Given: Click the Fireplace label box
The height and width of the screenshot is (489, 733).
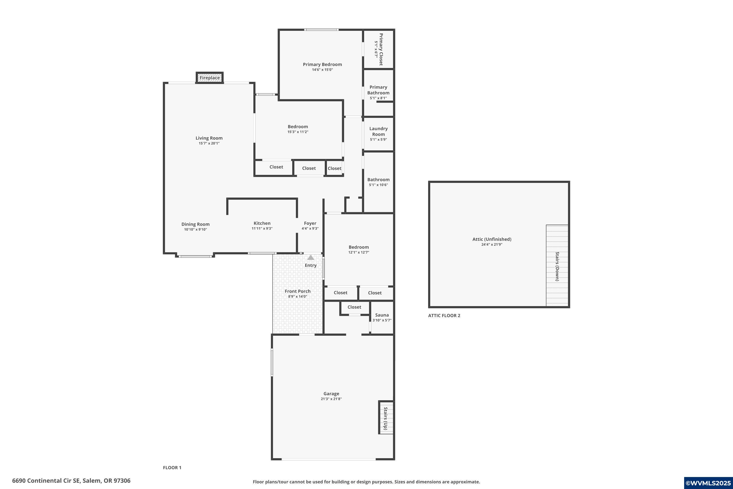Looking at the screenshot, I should click(209, 78).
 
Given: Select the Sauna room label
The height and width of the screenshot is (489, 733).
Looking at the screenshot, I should click(382, 315).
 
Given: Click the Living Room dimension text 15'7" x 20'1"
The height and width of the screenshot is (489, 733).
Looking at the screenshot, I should click(209, 144).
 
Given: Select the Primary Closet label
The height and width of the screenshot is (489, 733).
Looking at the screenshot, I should click(380, 49).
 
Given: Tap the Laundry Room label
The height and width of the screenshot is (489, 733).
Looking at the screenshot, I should click(378, 131).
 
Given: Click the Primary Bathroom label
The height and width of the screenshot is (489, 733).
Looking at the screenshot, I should click(378, 90).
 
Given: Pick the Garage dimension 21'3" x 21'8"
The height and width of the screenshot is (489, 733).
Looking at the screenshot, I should click(331, 399).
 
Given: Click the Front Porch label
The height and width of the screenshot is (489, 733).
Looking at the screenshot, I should click(297, 291).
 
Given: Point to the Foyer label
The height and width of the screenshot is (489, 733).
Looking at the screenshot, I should click(310, 223).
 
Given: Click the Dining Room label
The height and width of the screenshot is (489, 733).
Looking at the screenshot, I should click(195, 224).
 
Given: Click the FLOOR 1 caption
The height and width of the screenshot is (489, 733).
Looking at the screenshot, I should click(172, 467).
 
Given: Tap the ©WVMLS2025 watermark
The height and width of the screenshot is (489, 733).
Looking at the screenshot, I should click(708, 483).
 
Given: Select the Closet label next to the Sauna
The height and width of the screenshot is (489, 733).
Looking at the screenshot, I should click(354, 307).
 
